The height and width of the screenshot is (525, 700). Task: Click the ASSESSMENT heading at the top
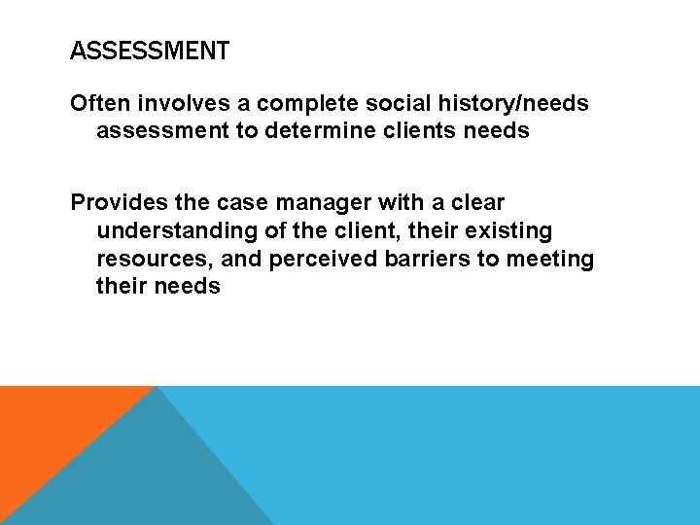point(150,51)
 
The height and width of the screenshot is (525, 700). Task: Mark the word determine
point(314,130)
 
